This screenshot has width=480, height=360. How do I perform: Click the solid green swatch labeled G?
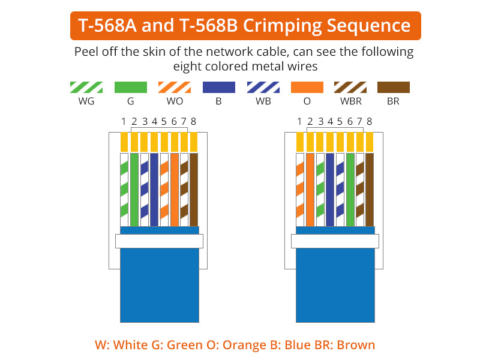[131, 87]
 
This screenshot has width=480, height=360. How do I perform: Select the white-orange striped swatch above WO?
[175, 87]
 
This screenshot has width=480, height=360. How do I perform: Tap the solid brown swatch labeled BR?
[394, 87]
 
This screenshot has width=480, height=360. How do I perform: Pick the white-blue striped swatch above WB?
[263, 87]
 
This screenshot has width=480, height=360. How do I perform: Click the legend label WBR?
[351, 101]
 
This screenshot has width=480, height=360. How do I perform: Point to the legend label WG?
[86, 101]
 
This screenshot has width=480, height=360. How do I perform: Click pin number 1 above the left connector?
[124, 122]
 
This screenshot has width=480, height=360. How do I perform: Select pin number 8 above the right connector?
[370, 122]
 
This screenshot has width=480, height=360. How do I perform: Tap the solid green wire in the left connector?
[134, 190]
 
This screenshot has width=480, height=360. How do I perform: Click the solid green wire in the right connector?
[350, 190]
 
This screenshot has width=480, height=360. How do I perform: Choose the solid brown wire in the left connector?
[194, 190]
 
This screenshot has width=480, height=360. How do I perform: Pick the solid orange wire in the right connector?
[310, 190]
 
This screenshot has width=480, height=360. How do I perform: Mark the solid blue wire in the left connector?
[154, 190]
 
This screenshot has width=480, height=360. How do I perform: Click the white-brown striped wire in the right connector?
[360, 190]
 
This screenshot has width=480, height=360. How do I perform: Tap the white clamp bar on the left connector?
[159, 241]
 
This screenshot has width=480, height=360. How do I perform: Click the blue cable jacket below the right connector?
[335, 284]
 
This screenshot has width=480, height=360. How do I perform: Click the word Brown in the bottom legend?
[356, 345]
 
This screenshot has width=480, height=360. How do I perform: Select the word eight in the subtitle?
[187, 67]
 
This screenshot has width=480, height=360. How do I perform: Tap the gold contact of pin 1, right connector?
[300, 142]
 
